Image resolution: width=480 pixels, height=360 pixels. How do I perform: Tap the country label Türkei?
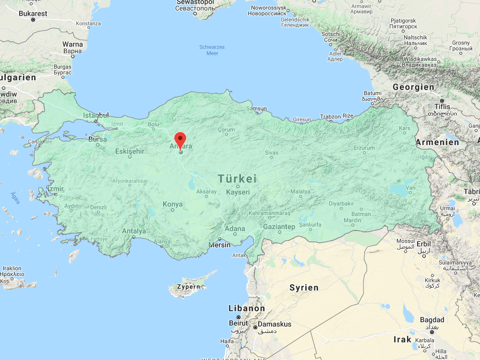[x=237, y=179]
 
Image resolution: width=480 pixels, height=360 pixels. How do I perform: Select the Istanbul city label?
[x=96, y=115]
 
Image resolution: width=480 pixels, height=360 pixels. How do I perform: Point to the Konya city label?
[x=173, y=204]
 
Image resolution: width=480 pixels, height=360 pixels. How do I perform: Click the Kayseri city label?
[x=238, y=192]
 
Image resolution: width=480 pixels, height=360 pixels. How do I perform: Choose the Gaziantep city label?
[x=279, y=227]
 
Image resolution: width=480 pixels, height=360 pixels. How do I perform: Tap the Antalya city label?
[x=133, y=231]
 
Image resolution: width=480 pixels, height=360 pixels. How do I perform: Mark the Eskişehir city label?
[x=130, y=151]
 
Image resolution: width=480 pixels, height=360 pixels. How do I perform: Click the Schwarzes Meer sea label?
[x=212, y=50]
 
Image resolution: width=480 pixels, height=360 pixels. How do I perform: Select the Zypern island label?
[x=188, y=287]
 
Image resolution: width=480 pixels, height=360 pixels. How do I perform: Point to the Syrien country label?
[x=304, y=288]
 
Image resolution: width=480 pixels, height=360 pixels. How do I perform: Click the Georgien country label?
[x=413, y=87]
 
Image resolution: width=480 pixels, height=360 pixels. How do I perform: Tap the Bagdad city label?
[x=432, y=320]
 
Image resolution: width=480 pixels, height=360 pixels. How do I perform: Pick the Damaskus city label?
[x=275, y=324]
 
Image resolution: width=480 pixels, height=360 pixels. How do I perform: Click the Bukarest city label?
[x=33, y=13]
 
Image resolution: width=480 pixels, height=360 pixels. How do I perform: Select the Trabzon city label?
[x=330, y=117]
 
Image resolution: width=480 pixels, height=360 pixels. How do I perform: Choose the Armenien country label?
[x=437, y=142]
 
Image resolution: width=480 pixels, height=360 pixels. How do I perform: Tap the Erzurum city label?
[x=364, y=148]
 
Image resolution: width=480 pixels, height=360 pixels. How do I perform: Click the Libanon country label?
[x=246, y=308]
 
